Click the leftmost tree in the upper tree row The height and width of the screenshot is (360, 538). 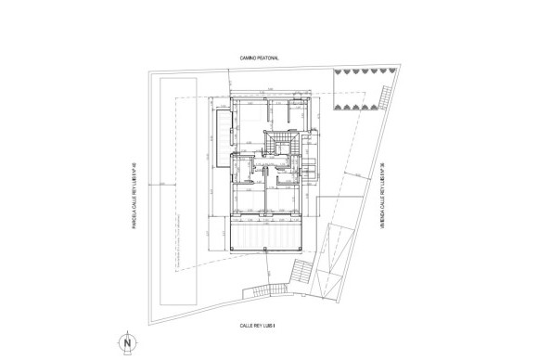(336, 71)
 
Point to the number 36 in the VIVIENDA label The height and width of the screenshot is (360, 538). (382, 168)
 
